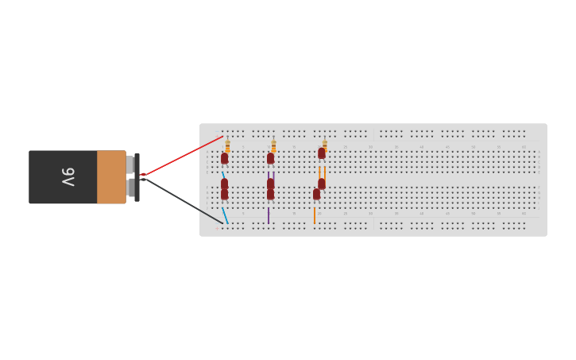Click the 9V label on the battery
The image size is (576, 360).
pyautogui.click(x=68, y=176)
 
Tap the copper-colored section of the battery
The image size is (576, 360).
pyautogui.click(x=111, y=176)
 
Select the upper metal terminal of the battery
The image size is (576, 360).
pyautogui.click(x=130, y=165)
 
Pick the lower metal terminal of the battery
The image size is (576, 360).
pyautogui.click(x=130, y=188)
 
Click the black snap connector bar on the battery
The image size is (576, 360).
pyautogui.click(x=137, y=177)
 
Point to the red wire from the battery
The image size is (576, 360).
pyautogui.click(x=183, y=155)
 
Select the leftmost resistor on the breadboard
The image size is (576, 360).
pyautogui.click(x=227, y=145)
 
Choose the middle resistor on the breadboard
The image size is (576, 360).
pyautogui.click(x=273, y=145)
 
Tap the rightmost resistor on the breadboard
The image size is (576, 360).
pyautogui.click(x=324, y=144)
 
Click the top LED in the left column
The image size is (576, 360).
pyautogui.click(x=224, y=158)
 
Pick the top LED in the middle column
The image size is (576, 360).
pyautogui.click(x=270, y=158)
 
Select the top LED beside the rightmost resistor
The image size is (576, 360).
pyautogui.click(x=321, y=153)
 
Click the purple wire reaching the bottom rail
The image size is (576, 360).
pyautogui.click(x=269, y=215)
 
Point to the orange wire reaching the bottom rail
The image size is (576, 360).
pyautogui.click(x=315, y=215)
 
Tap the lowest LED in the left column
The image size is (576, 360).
pyautogui.click(x=224, y=194)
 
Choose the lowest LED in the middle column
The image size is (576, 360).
pyautogui.click(x=270, y=194)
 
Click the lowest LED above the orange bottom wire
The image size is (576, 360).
pyautogui.click(x=316, y=194)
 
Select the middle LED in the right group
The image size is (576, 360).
pyautogui.click(x=321, y=184)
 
